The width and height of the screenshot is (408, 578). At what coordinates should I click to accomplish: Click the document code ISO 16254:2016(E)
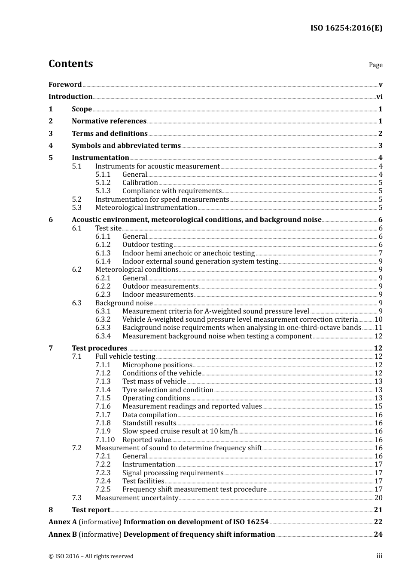pyautogui.click(x=346, y=28)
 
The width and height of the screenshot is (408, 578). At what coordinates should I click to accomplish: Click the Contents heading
pyautogui.click(x=70, y=64)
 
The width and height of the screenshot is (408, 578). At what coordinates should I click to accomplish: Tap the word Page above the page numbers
pyautogui.click(x=375, y=65)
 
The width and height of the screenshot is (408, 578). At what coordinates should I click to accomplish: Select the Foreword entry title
pyautogui.click(x=65, y=85)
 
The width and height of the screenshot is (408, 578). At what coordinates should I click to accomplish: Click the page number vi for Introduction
pyautogui.click(x=379, y=97)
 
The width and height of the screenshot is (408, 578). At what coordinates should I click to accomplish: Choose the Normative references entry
pyautogui.click(x=109, y=121)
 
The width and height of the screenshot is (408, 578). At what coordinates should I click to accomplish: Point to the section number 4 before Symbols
pyautogui.click(x=51, y=146)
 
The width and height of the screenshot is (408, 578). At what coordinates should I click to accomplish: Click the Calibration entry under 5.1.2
pyautogui.click(x=140, y=183)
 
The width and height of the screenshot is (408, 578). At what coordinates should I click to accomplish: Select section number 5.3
pyautogui.click(x=77, y=208)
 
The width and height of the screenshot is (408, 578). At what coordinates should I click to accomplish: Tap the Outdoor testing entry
pyautogui.click(x=148, y=245)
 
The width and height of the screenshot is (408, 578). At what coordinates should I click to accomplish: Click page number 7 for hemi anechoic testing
pyautogui.click(x=381, y=253)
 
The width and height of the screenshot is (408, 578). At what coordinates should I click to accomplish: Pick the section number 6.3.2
pyautogui.click(x=103, y=320)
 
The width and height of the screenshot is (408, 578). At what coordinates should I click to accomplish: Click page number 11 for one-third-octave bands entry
pyautogui.click(x=378, y=328)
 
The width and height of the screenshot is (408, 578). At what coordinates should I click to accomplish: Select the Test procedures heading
pyautogui.click(x=99, y=348)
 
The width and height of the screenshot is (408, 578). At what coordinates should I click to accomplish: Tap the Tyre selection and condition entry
pyautogui.click(x=167, y=390)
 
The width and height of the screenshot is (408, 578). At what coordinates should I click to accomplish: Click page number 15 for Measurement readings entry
pyautogui.click(x=378, y=406)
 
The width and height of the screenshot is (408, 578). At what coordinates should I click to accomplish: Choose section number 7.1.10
pyautogui.click(x=105, y=440)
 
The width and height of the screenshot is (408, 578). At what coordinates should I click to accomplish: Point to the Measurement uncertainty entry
pyautogui.click(x=137, y=498)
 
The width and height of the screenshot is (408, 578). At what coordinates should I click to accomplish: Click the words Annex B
pyautogui.click(x=63, y=535)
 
